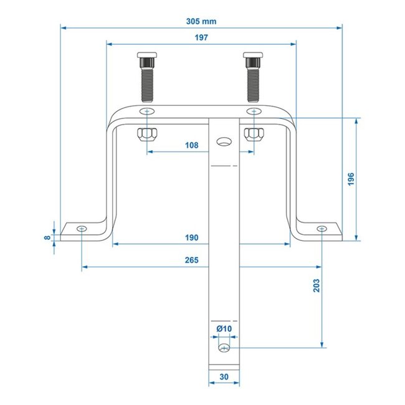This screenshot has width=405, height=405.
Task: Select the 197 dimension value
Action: (200, 37)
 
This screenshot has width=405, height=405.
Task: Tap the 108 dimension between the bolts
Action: (192, 145)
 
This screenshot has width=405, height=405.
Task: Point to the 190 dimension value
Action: (192, 238)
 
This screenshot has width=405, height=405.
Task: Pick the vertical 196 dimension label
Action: (350, 178)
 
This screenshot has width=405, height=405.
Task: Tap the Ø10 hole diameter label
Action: (224, 328)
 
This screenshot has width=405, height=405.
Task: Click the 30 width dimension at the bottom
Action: (223, 377)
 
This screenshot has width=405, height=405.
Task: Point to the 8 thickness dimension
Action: (49, 237)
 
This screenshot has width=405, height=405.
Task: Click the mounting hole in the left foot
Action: (82, 229)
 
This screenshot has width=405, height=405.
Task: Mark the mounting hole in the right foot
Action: (321, 229)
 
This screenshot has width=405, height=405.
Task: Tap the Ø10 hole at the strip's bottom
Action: (224, 346)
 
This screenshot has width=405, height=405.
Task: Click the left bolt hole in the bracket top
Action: (147, 111)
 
